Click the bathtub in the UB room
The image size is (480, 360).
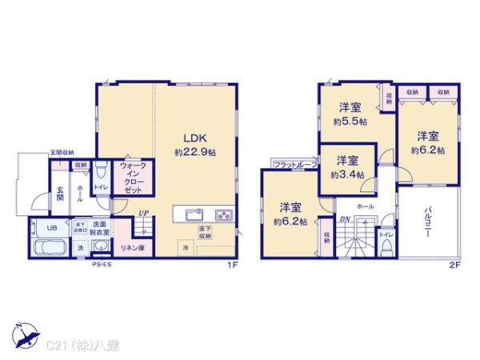click(x=51, y=244)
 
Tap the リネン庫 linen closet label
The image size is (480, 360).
click(x=133, y=247)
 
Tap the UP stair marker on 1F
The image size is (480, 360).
click(x=142, y=214)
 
